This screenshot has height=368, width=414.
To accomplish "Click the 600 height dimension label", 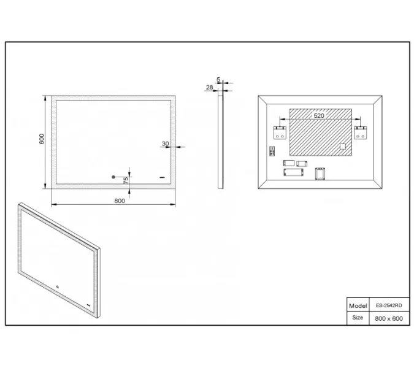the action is [42, 139].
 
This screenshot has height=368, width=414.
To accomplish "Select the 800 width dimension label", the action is [120, 201].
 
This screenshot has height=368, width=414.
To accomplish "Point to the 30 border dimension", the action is [165, 144].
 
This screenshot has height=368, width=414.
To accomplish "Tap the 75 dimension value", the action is [126, 180].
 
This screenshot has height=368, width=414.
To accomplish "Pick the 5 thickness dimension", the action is [218, 80].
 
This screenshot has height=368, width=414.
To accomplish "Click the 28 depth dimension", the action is [210, 87].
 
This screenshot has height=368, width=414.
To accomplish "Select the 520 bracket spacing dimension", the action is [319, 116].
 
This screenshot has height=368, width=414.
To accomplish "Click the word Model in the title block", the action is [358, 305].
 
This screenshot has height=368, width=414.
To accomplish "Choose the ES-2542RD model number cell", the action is [389, 305].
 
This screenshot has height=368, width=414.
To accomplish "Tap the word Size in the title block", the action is [358, 317].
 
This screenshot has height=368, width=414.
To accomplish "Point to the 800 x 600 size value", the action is [389, 319].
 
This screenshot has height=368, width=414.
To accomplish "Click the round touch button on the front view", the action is [113, 177].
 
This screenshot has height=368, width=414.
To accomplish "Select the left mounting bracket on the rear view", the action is [280, 132].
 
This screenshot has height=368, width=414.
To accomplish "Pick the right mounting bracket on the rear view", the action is [360, 132].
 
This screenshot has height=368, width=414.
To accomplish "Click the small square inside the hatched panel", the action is [342, 146].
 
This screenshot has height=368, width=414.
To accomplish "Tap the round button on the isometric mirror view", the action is [57, 286].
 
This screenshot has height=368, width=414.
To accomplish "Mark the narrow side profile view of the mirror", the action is [220, 141].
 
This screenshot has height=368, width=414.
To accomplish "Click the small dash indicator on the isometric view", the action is [88, 305].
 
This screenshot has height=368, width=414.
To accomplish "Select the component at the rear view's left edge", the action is [272, 151].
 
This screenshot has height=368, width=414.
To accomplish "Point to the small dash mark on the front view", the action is [162, 177].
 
